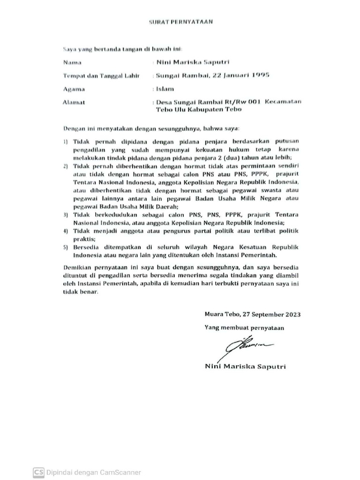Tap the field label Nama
point(71,62)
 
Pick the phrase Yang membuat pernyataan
point(244,328)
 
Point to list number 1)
point(66,141)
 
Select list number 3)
point(66,214)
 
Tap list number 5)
point(66,247)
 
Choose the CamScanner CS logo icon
point(38,472)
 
